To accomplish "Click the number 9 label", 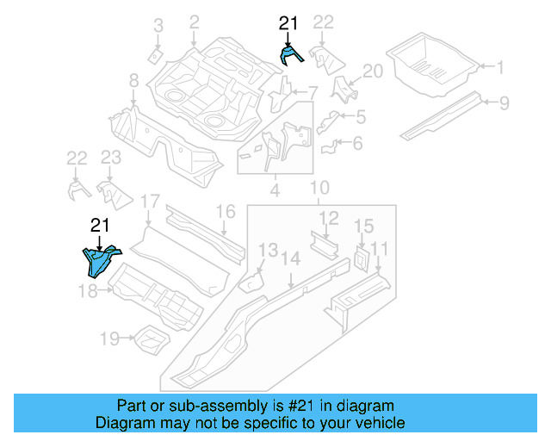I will (505, 102).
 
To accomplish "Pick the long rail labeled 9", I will (443, 116).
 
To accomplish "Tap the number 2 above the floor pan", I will (194, 22).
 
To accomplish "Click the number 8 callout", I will (133, 81).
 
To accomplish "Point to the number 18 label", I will (89, 291).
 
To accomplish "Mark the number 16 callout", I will (225, 212).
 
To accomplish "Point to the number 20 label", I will (372, 71).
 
